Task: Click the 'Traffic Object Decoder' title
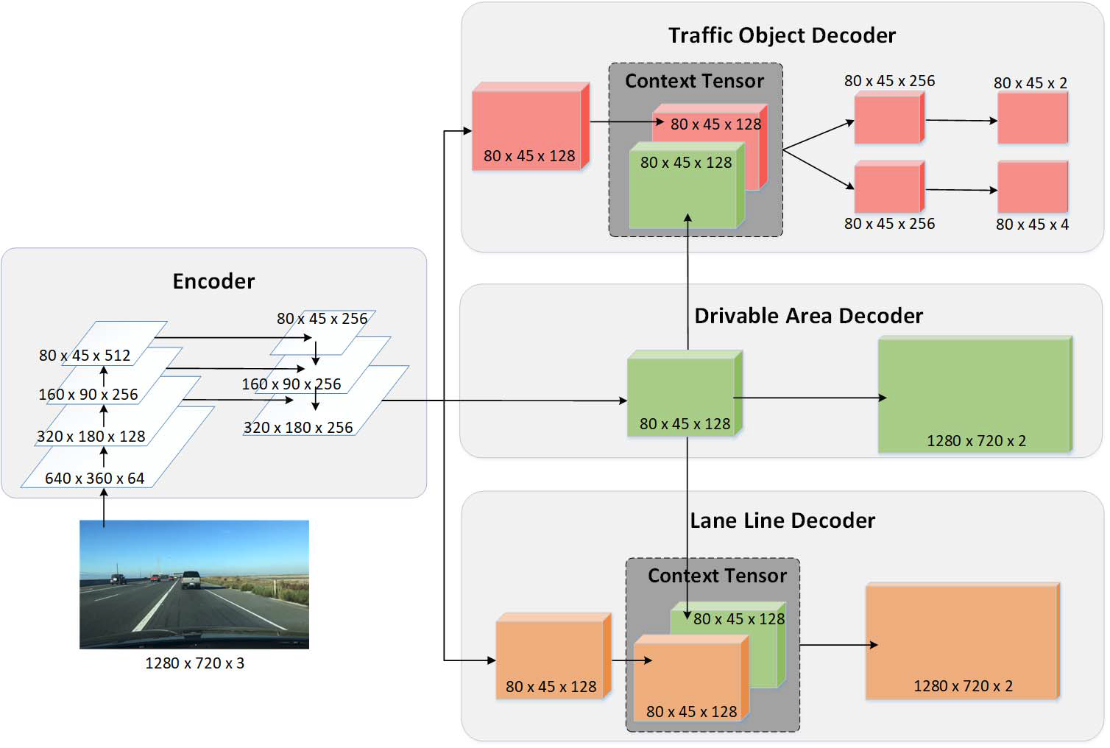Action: (x=782, y=35)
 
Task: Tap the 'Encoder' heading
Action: (x=213, y=281)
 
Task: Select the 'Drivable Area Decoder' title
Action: (x=808, y=316)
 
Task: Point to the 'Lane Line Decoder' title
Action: (x=782, y=521)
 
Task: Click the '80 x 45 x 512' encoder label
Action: (x=85, y=356)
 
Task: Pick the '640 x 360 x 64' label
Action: (x=94, y=479)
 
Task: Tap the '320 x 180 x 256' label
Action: (x=298, y=428)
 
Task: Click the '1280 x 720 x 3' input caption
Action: (x=194, y=663)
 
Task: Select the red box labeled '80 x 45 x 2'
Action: (x=1032, y=118)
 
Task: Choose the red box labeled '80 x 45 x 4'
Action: (x=1032, y=188)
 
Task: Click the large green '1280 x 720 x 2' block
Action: (x=974, y=395)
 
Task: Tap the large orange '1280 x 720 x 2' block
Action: (x=961, y=641)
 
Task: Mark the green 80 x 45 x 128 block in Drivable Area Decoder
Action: (x=683, y=395)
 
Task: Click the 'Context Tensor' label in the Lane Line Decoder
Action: (x=717, y=576)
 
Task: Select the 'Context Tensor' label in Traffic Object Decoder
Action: (x=694, y=81)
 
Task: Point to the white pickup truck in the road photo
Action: (x=191, y=579)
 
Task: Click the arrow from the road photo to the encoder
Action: (x=104, y=508)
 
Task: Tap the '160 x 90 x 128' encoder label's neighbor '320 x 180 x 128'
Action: (x=91, y=437)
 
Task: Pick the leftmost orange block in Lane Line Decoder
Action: (x=552, y=657)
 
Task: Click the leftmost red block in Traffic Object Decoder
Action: (x=529, y=127)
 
